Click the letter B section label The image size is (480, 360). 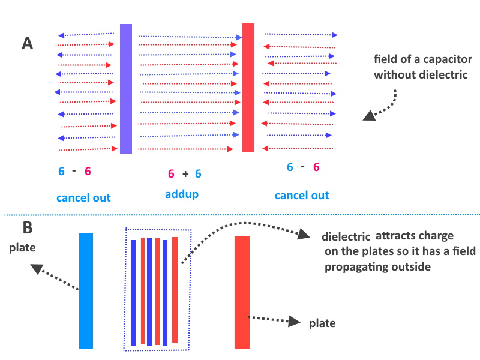click(x=27, y=229)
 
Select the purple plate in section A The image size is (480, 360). click(x=126, y=89)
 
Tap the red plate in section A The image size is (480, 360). click(x=248, y=88)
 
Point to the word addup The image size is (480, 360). click(x=181, y=195)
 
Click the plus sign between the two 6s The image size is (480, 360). click(x=185, y=173)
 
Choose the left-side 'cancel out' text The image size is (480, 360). click(x=83, y=197)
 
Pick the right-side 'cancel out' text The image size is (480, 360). click(x=302, y=195)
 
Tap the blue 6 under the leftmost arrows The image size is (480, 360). click(x=61, y=171)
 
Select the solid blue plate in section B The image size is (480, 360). click(x=86, y=290)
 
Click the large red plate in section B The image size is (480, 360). click(x=242, y=292)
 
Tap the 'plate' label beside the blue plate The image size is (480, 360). click(x=22, y=248)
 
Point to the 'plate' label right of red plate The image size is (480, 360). click(x=322, y=323)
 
